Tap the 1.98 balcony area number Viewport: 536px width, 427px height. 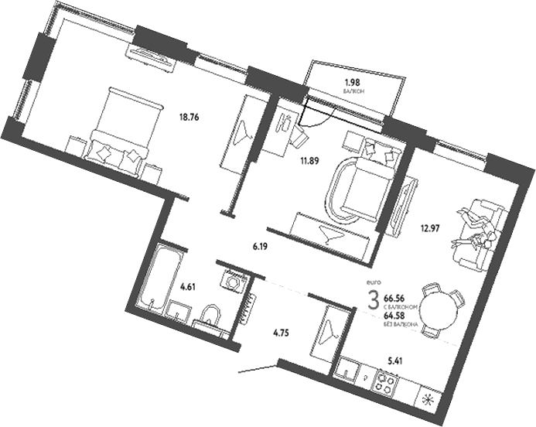click(352, 83)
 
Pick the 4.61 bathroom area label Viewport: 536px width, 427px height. click(186, 287)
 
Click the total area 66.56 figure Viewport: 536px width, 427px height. click(394, 296)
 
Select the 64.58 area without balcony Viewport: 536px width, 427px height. click(394, 316)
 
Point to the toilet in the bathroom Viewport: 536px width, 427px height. click(207, 316)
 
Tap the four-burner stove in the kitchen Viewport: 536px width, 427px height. click(386, 382)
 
